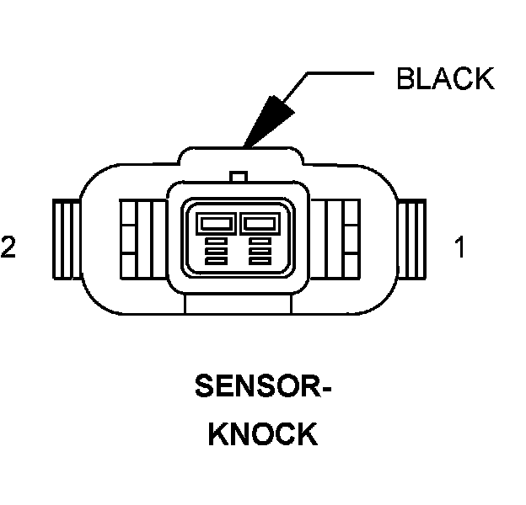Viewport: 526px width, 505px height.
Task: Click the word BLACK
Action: point(444,78)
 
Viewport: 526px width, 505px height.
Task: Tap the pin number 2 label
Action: point(8,247)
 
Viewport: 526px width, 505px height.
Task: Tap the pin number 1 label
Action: point(459,247)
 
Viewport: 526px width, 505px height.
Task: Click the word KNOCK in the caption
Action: point(262,434)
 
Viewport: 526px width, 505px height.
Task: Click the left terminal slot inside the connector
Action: point(215,224)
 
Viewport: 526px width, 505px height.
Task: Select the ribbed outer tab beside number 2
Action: point(66,242)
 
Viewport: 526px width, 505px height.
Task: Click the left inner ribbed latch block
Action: point(135,242)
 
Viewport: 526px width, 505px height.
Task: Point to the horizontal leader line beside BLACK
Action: point(341,73)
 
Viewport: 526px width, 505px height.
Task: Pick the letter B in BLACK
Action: point(405,78)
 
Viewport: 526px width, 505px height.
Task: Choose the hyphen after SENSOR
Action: point(325,389)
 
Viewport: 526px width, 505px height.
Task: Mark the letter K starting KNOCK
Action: point(219,434)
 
